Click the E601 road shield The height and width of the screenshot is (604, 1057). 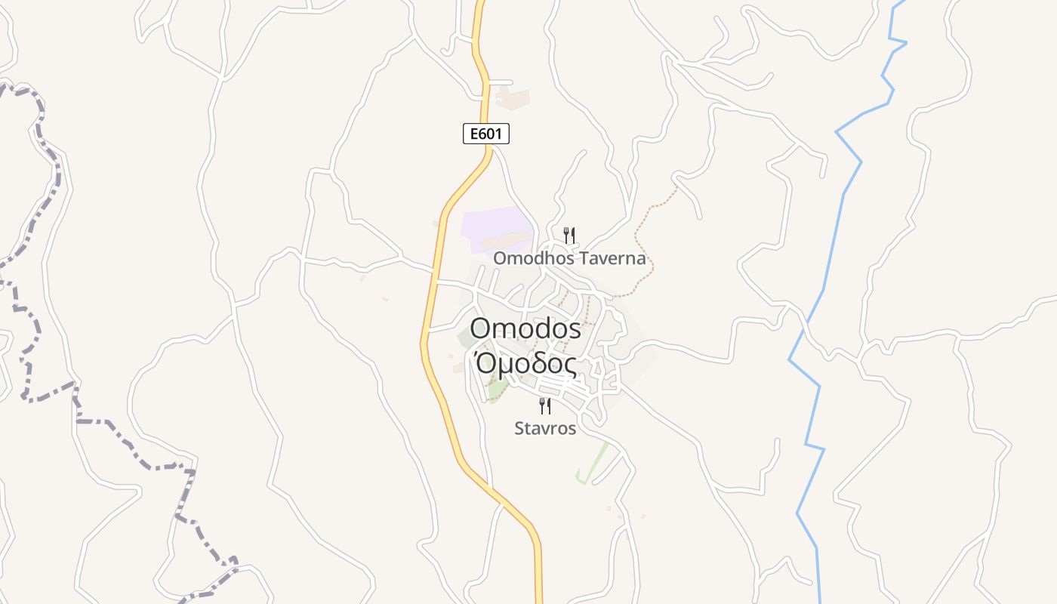point(485,134)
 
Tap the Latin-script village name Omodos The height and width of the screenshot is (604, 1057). point(525,328)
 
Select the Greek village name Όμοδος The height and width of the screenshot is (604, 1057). point(525,364)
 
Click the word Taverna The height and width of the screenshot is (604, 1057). point(615,258)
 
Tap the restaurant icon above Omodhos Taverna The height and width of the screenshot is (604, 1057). point(569,236)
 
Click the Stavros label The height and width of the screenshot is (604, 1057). point(545,429)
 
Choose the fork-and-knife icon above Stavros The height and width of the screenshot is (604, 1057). point(545,406)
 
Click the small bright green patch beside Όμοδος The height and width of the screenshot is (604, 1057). point(497,391)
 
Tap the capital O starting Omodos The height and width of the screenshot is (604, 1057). point(481,328)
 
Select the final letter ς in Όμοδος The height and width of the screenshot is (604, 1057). point(570,366)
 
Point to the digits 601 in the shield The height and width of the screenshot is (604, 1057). point(492,134)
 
